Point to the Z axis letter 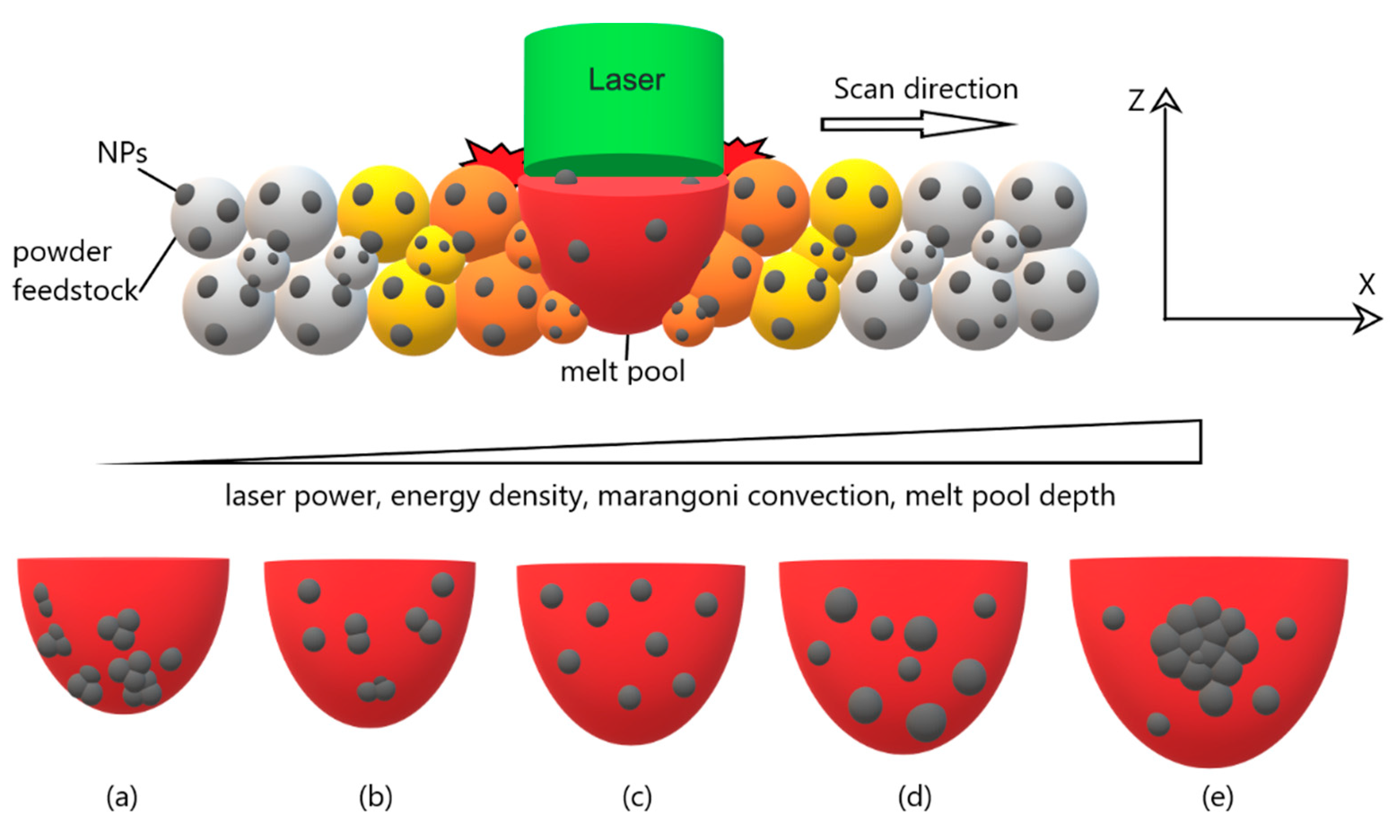coord(1136,101)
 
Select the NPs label coord(122,152)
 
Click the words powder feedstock coord(73,272)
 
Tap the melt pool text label coord(622,371)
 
